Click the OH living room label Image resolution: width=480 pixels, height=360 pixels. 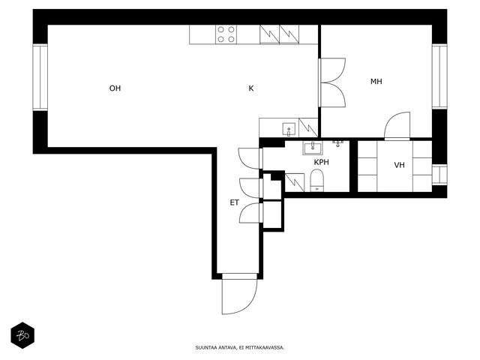pyautogui.click(x=115, y=88)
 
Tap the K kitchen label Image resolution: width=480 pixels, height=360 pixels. pyautogui.click(x=251, y=88)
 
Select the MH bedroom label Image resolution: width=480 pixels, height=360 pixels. pyautogui.click(x=376, y=82)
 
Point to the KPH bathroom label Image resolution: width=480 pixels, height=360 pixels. pyautogui.click(x=322, y=162)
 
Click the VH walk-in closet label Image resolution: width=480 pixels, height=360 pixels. pyautogui.click(x=399, y=165)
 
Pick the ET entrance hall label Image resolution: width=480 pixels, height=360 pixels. pyautogui.click(x=235, y=202)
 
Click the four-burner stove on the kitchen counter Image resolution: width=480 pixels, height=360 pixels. pyautogui.click(x=226, y=34)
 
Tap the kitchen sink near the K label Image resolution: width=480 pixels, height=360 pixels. pyautogui.click(x=289, y=129)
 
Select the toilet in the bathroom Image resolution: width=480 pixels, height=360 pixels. pyautogui.click(x=317, y=180)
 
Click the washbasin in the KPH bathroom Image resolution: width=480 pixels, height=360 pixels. pyautogui.click(x=312, y=148)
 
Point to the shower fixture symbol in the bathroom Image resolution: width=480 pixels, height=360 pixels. pyautogui.click(x=337, y=143)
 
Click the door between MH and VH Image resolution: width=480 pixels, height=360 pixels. pyautogui.click(x=397, y=126)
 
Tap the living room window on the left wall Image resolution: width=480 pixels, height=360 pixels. pyautogui.click(x=40, y=77)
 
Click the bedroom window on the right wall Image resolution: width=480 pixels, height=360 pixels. pyautogui.click(x=439, y=76)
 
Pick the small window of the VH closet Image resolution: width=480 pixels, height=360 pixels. pyautogui.click(x=439, y=175)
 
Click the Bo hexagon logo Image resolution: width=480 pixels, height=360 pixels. pyautogui.click(x=22, y=335)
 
